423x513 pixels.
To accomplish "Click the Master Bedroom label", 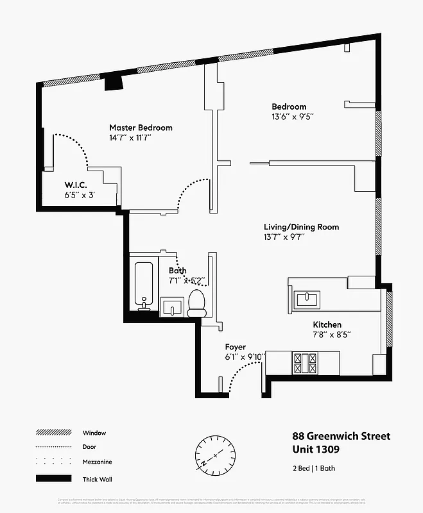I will point(141,128).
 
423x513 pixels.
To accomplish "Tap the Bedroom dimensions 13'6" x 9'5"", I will point(292,117).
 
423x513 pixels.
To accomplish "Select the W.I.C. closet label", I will point(76,186).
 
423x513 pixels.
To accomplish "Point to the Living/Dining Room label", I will point(301,227).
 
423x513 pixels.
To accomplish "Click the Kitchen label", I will point(327,324).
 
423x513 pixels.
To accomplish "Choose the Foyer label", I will point(235,347).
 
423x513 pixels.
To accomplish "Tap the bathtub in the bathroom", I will point(143,285).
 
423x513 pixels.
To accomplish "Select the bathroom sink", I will point(171,308).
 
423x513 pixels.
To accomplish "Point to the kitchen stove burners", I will point(302,363).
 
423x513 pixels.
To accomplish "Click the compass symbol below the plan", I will point(212,452).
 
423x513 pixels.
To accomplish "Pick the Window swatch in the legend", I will point(53,433).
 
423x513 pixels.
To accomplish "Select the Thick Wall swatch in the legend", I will point(53,478).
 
